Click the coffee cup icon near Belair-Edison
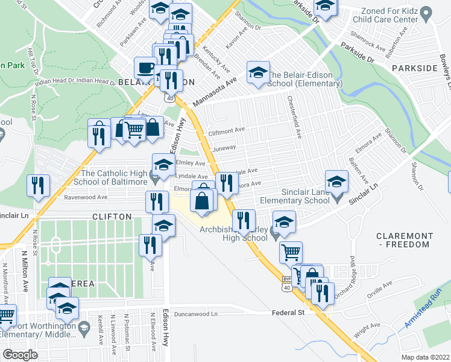click(145, 68)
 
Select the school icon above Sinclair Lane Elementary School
click(336, 180)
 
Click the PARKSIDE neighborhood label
click(414, 68)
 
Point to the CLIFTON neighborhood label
click(112, 216)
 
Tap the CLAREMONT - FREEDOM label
click(403, 240)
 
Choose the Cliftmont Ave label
click(226, 129)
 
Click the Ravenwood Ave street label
click(86, 197)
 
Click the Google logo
click(20, 355)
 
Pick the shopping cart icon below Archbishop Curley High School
click(291, 252)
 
